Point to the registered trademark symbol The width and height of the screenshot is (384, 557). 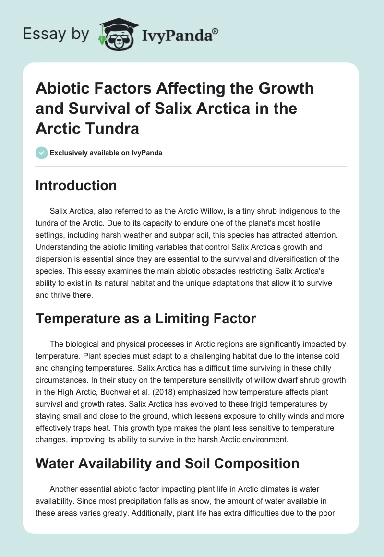(x=216, y=31)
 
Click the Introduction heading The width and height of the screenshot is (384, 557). (x=76, y=186)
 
